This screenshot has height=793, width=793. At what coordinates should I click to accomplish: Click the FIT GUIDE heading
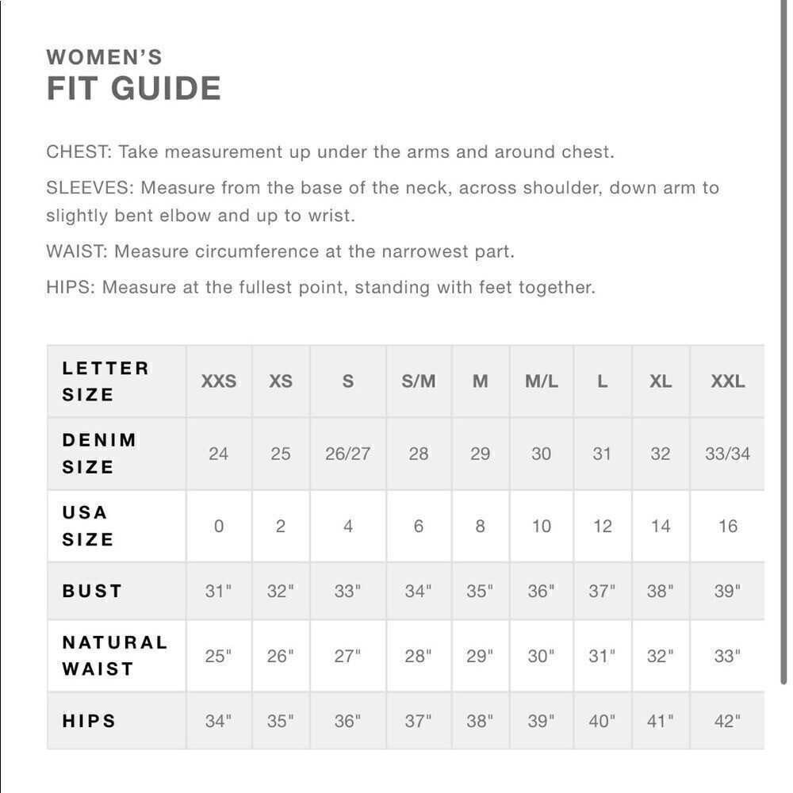click(x=133, y=89)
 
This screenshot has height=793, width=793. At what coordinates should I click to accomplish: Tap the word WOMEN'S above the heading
click(x=104, y=57)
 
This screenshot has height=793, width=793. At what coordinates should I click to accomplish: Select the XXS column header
click(x=218, y=381)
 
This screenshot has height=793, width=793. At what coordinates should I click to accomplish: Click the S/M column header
click(x=418, y=381)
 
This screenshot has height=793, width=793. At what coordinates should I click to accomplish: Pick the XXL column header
click(x=727, y=381)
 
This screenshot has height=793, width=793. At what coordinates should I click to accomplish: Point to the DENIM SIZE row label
click(x=99, y=454)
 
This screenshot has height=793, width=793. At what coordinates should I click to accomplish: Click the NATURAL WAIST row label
click(x=114, y=656)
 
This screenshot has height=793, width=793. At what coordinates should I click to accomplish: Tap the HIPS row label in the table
click(x=89, y=721)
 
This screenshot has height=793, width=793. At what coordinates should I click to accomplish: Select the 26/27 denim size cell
click(x=347, y=454)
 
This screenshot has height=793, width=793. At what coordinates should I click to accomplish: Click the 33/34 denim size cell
click(x=727, y=454)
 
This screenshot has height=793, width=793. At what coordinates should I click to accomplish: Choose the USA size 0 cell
click(x=218, y=526)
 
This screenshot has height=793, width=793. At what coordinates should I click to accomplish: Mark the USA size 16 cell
click(x=727, y=526)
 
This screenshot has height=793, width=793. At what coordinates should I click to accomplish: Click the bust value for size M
click(x=479, y=592)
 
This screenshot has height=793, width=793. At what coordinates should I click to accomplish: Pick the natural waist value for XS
click(x=280, y=657)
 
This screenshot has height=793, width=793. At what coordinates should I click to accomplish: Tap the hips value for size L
click(x=602, y=722)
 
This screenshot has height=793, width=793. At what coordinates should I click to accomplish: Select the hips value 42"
click(x=726, y=722)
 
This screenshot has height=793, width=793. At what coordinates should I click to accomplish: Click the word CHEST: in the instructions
click(x=79, y=151)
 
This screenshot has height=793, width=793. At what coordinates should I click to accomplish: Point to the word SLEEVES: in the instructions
click(x=90, y=188)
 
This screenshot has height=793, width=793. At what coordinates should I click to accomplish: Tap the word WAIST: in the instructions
click(x=77, y=251)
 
